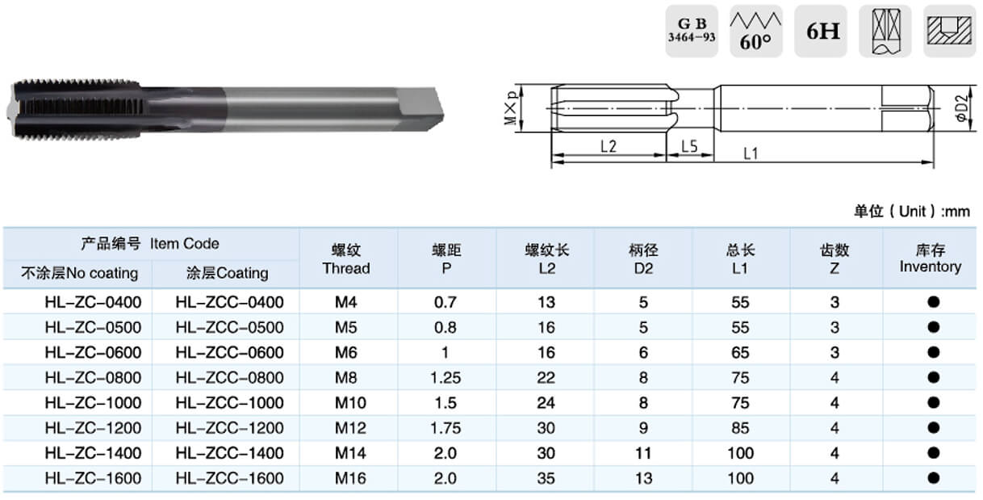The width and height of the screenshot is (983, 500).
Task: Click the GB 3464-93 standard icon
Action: point(692,31)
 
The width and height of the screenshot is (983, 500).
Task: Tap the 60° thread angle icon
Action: point(755,31)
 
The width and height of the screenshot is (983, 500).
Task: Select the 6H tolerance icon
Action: point(821,31)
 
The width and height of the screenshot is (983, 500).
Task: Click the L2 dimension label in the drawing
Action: point(609,146)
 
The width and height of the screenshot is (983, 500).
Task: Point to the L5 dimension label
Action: point(689,146)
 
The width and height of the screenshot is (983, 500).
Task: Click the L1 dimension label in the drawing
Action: point(751,153)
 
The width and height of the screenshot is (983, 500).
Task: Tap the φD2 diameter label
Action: point(961,107)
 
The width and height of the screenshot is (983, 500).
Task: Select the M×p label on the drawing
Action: point(511,108)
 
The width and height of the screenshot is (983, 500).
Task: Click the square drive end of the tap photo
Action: point(420,108)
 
